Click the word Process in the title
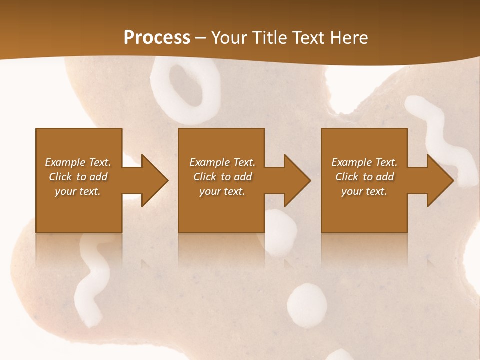click(x=157, y=38)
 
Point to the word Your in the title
click(x=228, y=38)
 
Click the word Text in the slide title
click(x=309, y=38)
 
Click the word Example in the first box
click(x=65, y=162)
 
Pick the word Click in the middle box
click(x=205, y=177)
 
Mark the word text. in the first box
click(x=90, y=191)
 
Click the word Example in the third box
click(x=351, y=162)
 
